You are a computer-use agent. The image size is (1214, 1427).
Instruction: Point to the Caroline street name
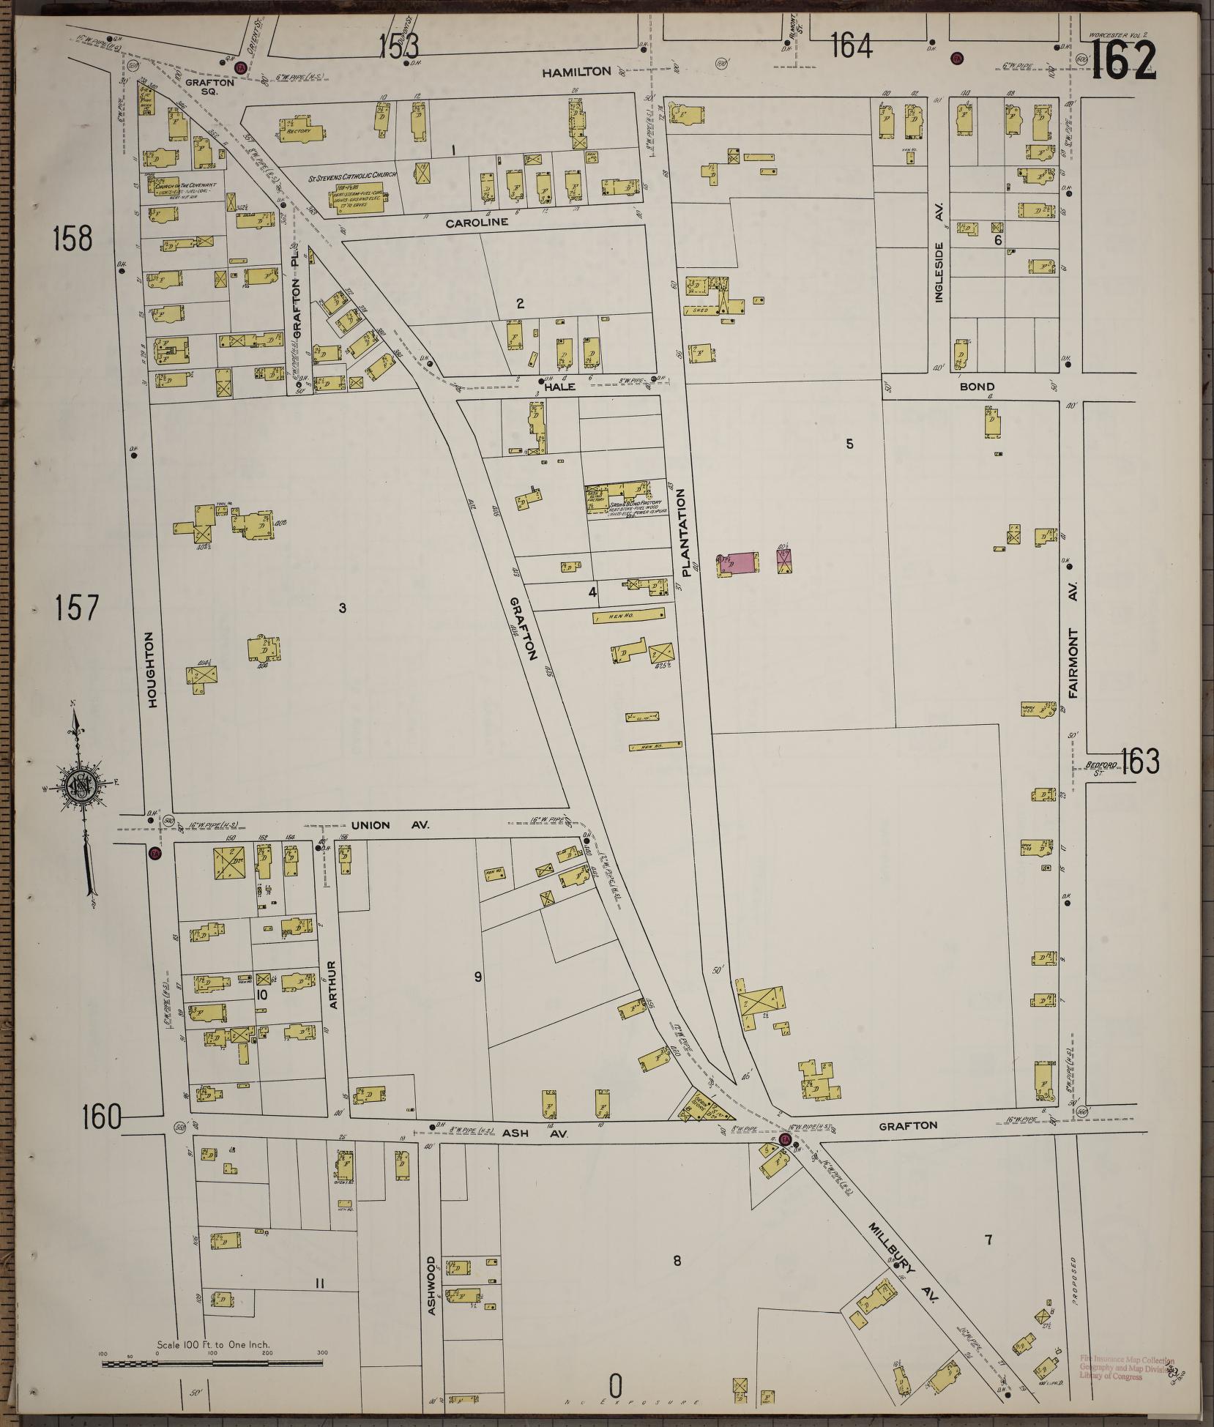(477, 223)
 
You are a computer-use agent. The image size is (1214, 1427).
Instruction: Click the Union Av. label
(390, 825)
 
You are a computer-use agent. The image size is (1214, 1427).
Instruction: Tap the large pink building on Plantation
(737, 562)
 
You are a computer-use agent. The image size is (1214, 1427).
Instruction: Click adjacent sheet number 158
(72, 239)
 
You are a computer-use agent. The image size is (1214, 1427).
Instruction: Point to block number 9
(477, 976)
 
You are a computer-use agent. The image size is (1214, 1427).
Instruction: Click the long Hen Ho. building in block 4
(628, 616)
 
